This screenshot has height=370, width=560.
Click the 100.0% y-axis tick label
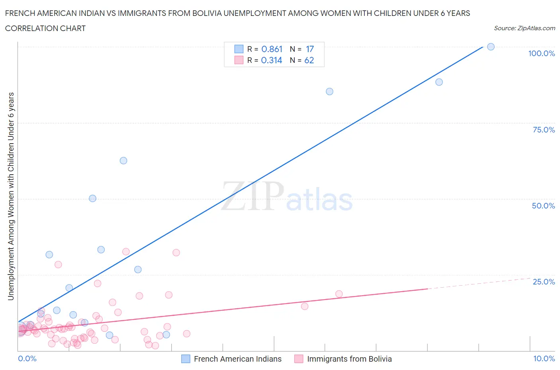tap(541, 54)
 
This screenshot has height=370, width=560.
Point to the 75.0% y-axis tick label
tap(543, 130)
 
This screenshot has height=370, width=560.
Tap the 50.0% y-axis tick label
tap(543, 206)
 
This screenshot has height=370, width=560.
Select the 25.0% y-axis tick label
tap(543, 282)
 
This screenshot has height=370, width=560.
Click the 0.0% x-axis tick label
tap(27, 358)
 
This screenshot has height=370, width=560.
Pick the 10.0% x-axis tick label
tap(544, 358)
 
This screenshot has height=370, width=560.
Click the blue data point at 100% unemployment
tap(491, 47)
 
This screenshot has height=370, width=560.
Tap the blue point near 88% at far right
tap(439, 82)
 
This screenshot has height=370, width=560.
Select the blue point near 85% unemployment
tap(329, 92)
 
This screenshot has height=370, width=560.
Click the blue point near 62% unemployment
tap(123, 161)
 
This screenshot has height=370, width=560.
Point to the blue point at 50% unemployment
tap(92, 199)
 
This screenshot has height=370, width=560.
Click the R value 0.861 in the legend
tap(272, 49)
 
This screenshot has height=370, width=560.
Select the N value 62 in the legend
tap(309, 60)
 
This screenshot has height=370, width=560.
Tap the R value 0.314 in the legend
tap(272, 60)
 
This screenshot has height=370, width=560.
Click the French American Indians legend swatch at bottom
tap(186, 359)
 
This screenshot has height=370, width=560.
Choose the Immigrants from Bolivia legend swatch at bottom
tap(299, 359)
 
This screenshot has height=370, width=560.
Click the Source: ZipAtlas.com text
tap(524, 28)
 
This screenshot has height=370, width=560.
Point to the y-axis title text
tap(11, 196)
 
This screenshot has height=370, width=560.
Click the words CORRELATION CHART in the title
tap(45, 28)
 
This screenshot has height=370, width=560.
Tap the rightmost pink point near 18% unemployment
tap(339, 294)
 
